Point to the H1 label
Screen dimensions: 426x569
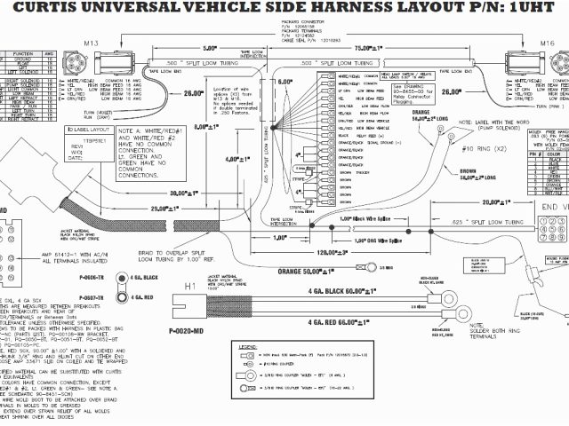pos(190,286)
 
